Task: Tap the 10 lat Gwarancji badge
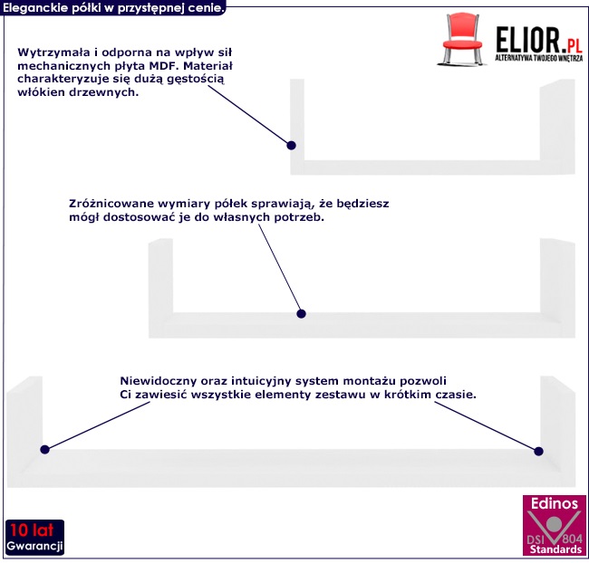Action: (34, 538)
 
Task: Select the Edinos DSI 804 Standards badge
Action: (554, 525)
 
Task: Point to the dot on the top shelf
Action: (291, 145)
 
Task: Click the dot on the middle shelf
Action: (302, 314)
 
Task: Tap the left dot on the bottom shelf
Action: (43, 449)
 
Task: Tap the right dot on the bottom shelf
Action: (538, 450)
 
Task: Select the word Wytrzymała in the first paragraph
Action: (51, 52)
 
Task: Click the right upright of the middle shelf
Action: (556, 276)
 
